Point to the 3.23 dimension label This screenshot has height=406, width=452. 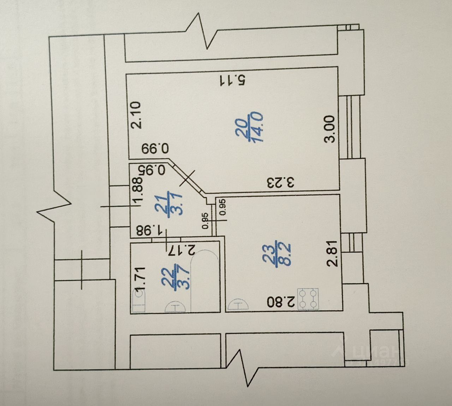[x=281, y=183]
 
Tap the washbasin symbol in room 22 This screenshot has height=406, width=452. [x=175, y=306]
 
